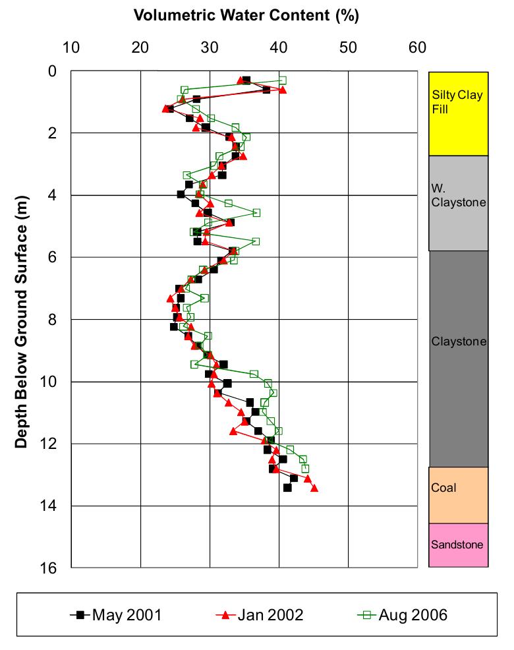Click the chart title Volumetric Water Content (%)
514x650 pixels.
coord(246,16)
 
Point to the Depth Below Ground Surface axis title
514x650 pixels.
coord(22,322)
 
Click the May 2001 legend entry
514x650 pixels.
coord(116,615)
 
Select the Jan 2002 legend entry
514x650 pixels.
coord(260,615)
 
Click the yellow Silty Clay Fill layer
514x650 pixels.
coord(458,113)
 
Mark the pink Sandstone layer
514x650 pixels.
coord(458,545)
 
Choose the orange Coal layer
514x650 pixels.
coord(458,495)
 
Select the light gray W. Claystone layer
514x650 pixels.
coord(458,203)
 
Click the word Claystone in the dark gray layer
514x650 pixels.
coord(458,341)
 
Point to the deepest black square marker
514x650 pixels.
coord(287,488)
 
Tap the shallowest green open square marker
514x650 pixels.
coord(282,80)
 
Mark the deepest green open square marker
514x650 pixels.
coord(305,469)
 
